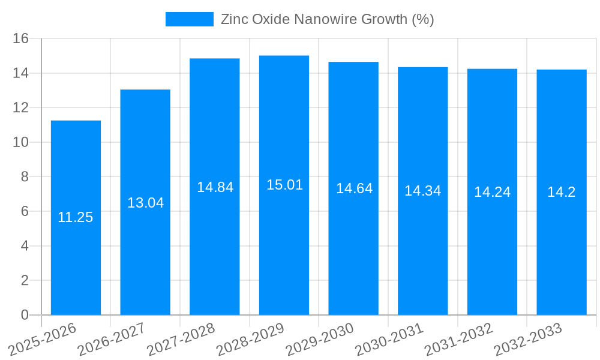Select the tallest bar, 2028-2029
point(284,252)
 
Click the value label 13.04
point(145,203)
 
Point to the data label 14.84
point(215,187)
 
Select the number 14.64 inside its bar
point(354,188)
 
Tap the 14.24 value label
point(492,192)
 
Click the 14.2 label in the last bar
point(561,192)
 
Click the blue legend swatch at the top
point(189,19)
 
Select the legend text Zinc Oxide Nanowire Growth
point(327,19)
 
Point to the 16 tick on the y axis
point(21,38)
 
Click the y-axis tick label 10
point(21,142)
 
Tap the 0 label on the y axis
point(25,315)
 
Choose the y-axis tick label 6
point(25,211)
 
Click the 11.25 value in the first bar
point(76,217)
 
